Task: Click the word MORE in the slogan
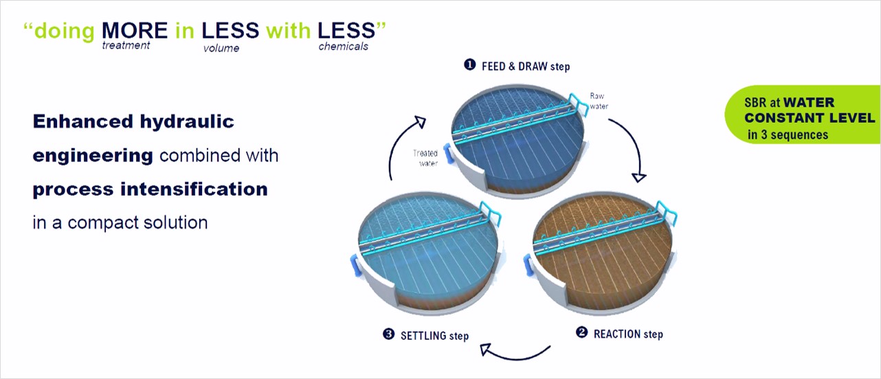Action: tap(135, 30)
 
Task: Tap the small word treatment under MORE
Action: tap(126, 45)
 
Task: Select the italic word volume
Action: tap(221, 48)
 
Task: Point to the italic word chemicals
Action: tap(344, 47)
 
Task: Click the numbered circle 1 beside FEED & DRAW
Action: tap(469, 65)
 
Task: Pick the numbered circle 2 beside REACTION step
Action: tap(581, 332)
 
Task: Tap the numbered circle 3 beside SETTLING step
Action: tap(388, 334)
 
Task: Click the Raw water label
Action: tap(599, 101)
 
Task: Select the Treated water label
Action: tap(425, 158)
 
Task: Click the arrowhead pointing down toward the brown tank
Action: tap(638, 177)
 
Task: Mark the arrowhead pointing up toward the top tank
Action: tap(421, 122)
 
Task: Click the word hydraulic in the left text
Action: tap(187, 122)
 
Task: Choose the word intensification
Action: tap(194, 189)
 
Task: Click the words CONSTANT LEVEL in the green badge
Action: tap(810, 118)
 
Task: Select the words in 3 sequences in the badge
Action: tap(788, 135)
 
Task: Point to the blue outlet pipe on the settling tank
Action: tap(355, 266)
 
